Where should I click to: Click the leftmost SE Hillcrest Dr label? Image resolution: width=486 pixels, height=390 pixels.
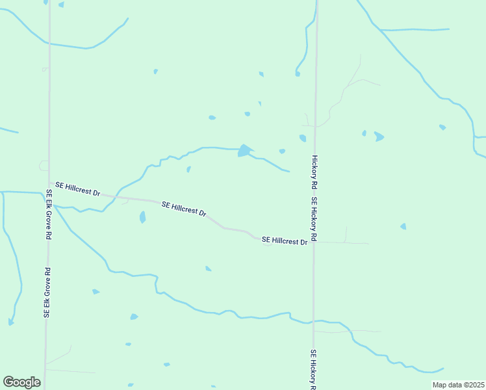coord(78,189)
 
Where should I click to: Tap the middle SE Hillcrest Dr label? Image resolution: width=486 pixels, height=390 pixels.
coord(184,209)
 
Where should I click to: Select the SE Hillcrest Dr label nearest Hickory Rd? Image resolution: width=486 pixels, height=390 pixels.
coord(284,241)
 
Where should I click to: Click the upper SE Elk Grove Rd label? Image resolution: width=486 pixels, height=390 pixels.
coord(49,215)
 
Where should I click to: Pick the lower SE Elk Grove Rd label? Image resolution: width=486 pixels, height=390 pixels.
coord(47,292)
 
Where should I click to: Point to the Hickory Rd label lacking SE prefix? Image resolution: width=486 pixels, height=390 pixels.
coord(314,172)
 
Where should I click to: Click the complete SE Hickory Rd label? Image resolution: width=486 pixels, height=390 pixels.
coord(314,219)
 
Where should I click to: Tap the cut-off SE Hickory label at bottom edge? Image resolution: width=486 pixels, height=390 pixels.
coord(313,369)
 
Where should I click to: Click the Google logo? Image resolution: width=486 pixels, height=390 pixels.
coord(21,382)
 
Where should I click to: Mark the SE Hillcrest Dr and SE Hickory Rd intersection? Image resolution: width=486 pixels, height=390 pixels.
coord(314,242)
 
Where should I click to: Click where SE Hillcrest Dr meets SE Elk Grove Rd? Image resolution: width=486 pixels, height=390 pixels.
coord(49,185)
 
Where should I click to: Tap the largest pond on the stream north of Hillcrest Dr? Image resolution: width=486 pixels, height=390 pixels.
coord(244,151)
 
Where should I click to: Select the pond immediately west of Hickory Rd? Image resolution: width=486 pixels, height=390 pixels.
coord(303,138)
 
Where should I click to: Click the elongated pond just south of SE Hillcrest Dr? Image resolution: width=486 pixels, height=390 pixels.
coord(142,217)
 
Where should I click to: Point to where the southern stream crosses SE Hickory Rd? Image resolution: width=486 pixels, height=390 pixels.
coord(314,321)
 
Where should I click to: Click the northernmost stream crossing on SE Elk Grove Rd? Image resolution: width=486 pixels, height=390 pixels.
coord(49,44)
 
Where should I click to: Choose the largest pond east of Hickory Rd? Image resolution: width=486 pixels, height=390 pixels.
coord(379,136)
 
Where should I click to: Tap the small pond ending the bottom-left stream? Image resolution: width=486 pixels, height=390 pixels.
coord(10,322)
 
